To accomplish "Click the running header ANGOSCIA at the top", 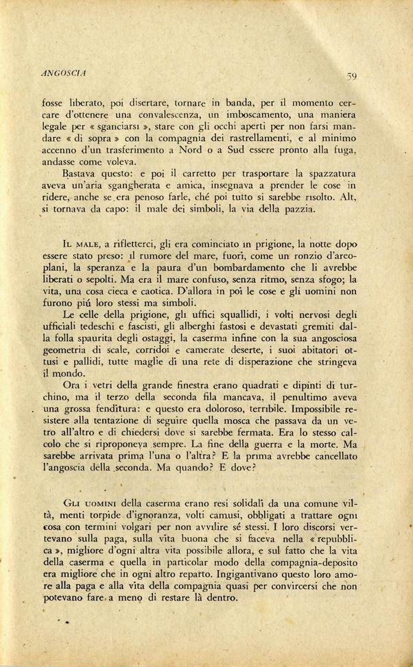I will pos(62,69).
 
